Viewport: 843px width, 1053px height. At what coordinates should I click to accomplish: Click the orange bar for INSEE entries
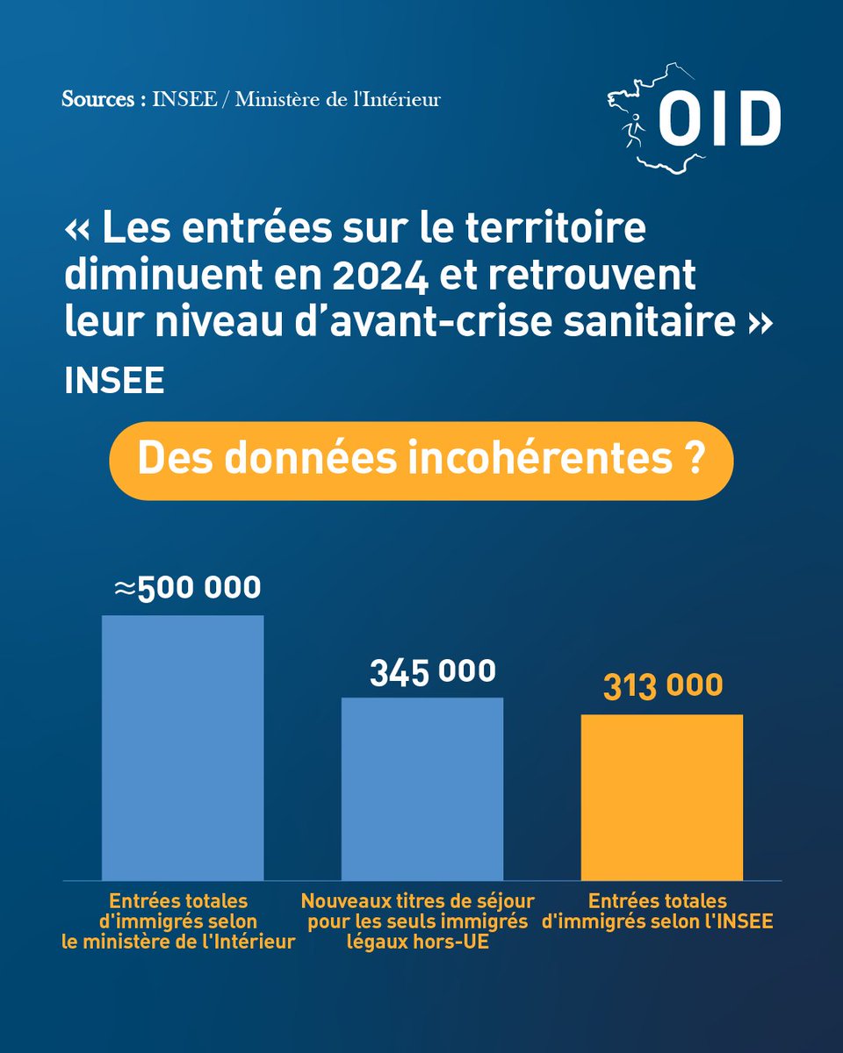[662, 797]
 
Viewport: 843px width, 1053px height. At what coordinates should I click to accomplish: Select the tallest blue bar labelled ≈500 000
[183, 748]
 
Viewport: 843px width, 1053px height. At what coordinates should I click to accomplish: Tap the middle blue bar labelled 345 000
[422, 789]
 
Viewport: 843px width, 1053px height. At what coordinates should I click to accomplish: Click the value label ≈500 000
[188, 587]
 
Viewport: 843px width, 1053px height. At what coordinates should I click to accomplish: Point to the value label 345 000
[433, 671]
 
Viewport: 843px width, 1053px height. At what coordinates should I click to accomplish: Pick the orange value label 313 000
[663, 685]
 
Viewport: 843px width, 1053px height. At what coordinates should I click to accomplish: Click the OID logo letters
[719, 118]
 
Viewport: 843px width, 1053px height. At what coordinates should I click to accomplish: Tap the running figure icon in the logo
[633, 130]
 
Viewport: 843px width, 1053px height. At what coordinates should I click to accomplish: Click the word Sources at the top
[98, 99]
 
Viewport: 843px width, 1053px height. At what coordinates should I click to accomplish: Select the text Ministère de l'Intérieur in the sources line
[338, 99]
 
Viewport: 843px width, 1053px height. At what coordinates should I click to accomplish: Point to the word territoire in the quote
[555, 227]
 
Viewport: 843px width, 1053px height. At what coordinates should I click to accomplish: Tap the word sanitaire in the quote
[650, 322]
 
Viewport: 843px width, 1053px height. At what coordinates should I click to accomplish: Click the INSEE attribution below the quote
[114, 381]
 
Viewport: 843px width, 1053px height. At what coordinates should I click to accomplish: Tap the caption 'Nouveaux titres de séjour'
[417, 901]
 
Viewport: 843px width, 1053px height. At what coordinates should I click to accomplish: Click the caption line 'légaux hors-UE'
[417, 942]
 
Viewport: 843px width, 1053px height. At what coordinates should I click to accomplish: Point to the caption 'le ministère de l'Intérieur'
[178, 942]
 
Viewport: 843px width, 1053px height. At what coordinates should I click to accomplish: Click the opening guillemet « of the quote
[77, 230]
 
